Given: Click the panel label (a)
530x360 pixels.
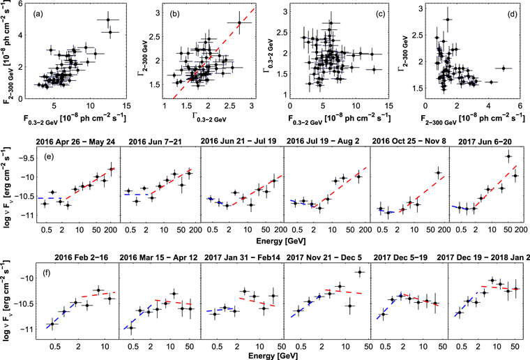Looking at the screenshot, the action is [x=38, y=14].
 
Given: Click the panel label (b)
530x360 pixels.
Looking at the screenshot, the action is [x=175, y=14].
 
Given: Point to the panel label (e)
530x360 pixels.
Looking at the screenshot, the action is [x=51, y=157].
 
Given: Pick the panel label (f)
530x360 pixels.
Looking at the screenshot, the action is [x=46, y=273].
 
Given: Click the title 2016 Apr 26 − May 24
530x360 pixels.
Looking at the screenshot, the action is [x=75, y=142].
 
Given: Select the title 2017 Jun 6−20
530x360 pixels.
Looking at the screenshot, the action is [x=485, y=142].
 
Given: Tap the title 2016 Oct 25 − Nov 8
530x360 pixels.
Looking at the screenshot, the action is [x=409, y=142].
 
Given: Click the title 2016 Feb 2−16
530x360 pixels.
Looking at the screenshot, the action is [x=81, y=257].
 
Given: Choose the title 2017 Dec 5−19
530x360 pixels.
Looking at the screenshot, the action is [x=400, y=257].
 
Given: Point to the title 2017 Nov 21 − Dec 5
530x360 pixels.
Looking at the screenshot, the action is [x=324, y=257].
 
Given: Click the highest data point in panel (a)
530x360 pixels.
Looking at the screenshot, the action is [x=108, y=20].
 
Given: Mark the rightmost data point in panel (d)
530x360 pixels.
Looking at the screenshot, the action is [x=503, y=68].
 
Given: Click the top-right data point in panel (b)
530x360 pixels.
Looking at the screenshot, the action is [x=239, y=22].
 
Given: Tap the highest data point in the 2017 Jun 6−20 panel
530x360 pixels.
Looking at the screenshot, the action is [x=508, y=156].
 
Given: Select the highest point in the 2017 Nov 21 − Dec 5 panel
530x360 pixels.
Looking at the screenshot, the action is [x=360, y=272].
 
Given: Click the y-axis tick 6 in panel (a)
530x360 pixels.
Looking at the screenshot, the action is [x=21, y=3].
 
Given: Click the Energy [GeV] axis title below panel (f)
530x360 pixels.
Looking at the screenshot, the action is [x=273, y=356].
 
